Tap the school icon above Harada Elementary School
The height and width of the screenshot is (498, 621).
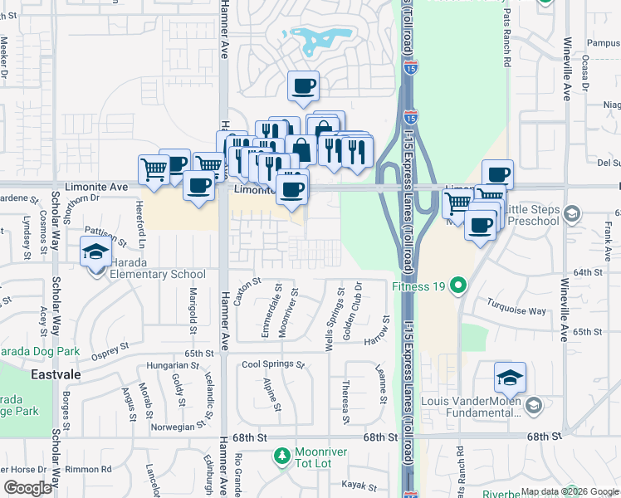(95, 251)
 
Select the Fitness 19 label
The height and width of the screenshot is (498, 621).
(419, 287)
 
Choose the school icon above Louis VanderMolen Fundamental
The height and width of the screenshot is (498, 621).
(509, 378)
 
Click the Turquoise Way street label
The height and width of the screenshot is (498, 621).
(516, 307)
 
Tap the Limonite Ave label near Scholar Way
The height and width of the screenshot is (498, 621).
(96, 188)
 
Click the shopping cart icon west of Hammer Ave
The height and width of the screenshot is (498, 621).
(154, 169)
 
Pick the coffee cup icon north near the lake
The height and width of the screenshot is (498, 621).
(304, 85)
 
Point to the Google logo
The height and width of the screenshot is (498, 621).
(27, 487)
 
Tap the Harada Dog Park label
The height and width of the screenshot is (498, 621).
(40, 352)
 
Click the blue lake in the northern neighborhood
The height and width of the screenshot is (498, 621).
(315, 37)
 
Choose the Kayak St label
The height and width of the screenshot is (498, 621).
(362, 486)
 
